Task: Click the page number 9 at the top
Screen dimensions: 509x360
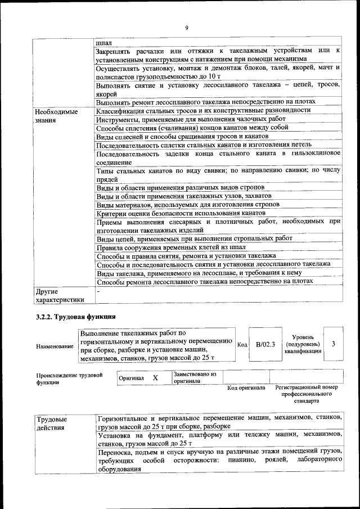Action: tap(186, 28)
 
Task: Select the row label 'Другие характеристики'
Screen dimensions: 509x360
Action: tap(59, 296)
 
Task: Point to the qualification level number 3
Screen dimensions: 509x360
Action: tap(334, 344)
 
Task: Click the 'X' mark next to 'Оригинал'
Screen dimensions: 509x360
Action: tap(156, 378)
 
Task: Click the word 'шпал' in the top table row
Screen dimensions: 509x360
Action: tap(104, 42)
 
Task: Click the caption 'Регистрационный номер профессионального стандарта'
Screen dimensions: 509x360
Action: tap(307, 394)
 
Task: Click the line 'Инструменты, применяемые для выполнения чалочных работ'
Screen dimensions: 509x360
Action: tap(191, 120)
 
